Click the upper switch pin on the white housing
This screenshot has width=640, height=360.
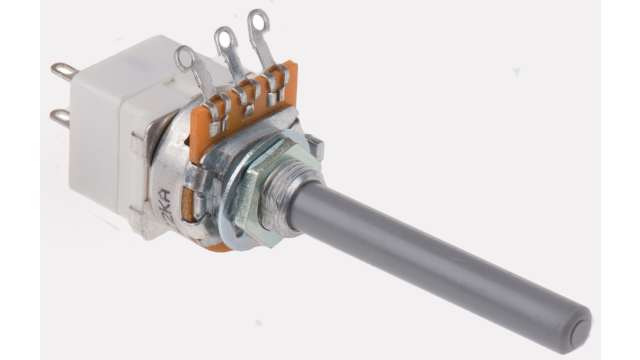coord(63,71)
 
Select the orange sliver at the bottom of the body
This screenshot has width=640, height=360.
coord(215,245)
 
